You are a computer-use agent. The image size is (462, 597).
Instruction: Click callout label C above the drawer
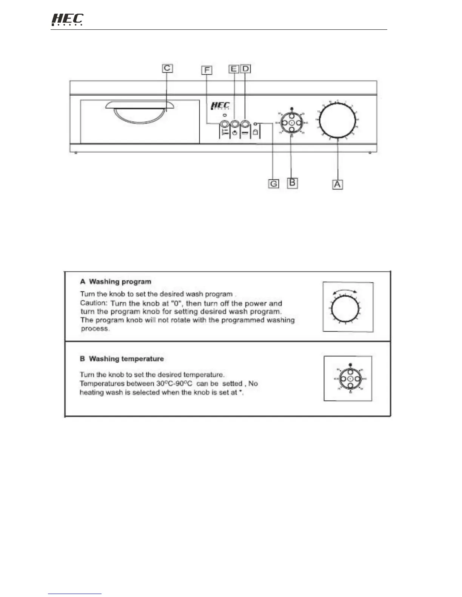pos(167,68)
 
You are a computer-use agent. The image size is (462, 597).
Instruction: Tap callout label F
pos(207,70)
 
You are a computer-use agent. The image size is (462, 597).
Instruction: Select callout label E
pos(234,69)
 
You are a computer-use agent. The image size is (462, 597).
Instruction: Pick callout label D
pos(246,69)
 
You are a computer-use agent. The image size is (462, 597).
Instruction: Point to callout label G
pos(274,184)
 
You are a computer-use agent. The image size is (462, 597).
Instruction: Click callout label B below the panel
pos(292,183)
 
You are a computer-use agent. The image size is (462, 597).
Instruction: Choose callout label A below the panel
pos(337,184)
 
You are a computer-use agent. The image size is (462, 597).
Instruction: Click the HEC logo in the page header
pos(67,19)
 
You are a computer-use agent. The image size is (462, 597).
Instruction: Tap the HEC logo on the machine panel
pos(220,106)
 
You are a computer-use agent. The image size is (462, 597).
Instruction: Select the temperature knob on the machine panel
pos(292,123)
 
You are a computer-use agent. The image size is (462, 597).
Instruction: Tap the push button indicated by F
pos(224,124)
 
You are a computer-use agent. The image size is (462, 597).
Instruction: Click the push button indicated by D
pos(245,124)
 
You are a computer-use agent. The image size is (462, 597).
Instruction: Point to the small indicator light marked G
pos(256,123)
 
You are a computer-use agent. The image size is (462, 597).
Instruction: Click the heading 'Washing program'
pos(120,282)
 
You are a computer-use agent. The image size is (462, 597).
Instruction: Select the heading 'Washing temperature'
pos(126,359)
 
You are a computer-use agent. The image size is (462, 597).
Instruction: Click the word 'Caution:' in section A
pos(94,303)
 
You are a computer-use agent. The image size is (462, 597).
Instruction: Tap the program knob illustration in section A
pos(345,308)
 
